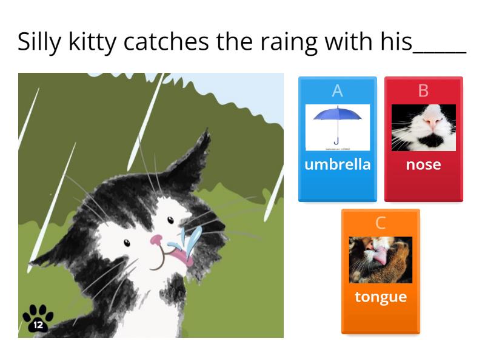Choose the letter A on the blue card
point(338,91)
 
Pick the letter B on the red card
point(423,91)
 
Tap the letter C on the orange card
point(381,223)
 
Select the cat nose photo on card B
point(423,127)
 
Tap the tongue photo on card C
point(381,260)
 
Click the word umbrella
point(338,164)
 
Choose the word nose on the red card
point(423,164)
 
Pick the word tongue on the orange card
point(381,297)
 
